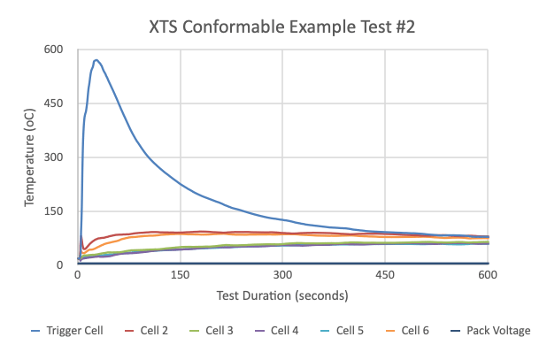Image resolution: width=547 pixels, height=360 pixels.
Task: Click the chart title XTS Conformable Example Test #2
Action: pos(281,27)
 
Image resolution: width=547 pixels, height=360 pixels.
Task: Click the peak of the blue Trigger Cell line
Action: pos(96,60)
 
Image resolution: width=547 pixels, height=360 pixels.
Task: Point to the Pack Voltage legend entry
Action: pos(491,331)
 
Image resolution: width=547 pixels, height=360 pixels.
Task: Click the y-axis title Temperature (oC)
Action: pos(30,157)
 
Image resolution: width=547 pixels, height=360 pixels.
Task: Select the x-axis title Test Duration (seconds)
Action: pos(282,295)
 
